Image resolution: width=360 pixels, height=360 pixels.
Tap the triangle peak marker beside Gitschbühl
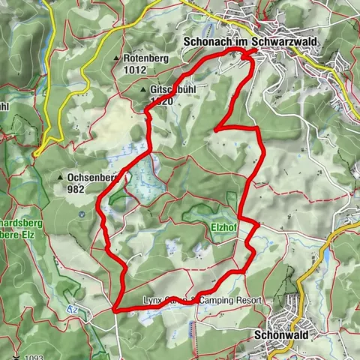[x=143, y=89]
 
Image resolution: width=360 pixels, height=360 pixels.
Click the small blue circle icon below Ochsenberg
[x=81, y=214]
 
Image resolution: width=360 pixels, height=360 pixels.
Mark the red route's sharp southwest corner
[x=114, y=308]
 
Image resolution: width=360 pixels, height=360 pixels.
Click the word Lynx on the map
[x=152, y=301]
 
